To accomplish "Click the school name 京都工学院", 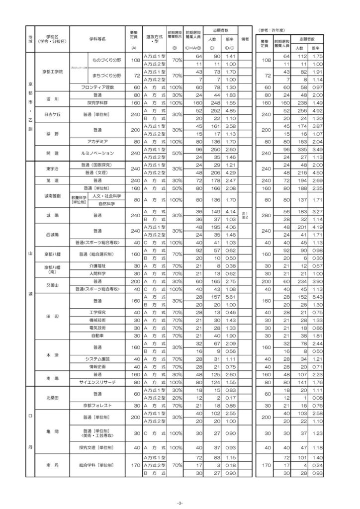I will click(x=52, y=71).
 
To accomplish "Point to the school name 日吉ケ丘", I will click(x=52, y=114).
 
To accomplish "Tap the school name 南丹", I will click(x=52, y=464).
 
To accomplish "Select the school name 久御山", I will click(x=52, y=285).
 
